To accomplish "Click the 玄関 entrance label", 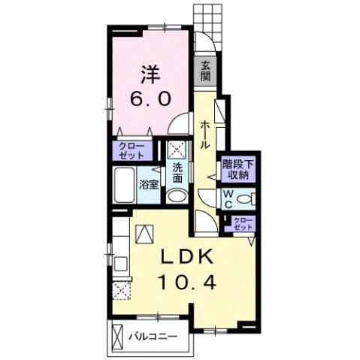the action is pos(205,72).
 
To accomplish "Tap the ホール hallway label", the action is pos(205,135).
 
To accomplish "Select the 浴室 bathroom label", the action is pos(149,186).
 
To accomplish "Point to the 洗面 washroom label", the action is pos(177,174).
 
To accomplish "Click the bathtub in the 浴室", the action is pos(125,185).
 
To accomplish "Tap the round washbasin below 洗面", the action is pos(177,196).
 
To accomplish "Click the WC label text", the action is pos(228,199).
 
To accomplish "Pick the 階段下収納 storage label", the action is pos(238,170).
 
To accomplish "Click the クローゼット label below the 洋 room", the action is pos(132,151).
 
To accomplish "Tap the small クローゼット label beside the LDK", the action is pos(243,224).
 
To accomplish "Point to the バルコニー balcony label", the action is pos(153,336).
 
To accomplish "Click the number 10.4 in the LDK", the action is pos(187,283).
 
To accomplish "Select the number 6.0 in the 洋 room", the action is pos(150,98).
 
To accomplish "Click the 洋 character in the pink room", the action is pos(150,74).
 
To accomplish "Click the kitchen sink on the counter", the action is pos(121,264).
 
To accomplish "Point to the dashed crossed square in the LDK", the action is pos(122,290).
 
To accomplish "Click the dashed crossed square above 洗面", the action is pos(177,150).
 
